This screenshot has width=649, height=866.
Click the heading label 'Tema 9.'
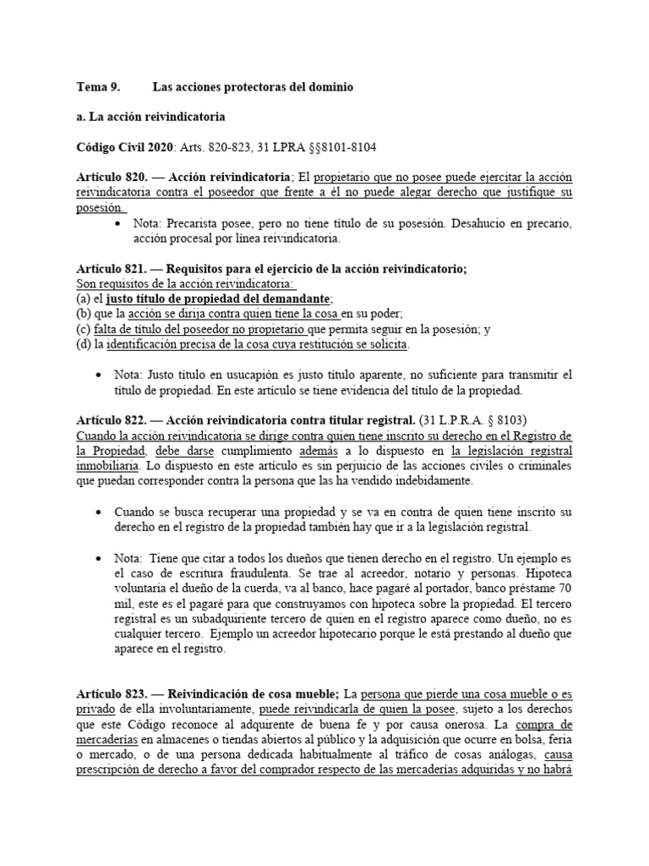[98, 87]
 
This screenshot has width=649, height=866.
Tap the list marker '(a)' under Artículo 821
[84, 299]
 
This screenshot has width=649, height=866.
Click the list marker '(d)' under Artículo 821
[84, 344]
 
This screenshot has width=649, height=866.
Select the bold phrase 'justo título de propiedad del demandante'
[218, 299]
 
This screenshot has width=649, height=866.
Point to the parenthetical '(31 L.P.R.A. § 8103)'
[479, 419]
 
